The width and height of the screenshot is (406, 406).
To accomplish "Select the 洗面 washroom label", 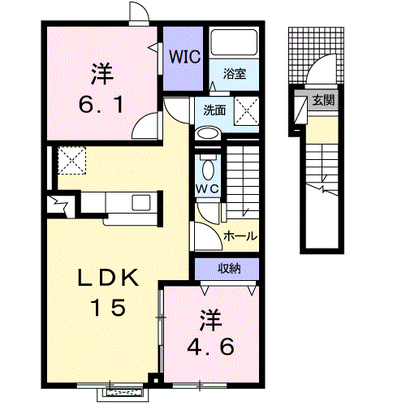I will pyautogui.click(x=215, y=110).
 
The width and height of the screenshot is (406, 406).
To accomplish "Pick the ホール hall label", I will pyautogui.click(x=240, y=236).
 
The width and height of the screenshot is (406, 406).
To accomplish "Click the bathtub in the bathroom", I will pyautogui.click(x=234, y=46).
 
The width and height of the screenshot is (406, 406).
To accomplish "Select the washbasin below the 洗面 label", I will pyautogui.click(x=206, y=134).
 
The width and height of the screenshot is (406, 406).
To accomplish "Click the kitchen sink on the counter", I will pyautogui.click(x=135, y=202).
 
